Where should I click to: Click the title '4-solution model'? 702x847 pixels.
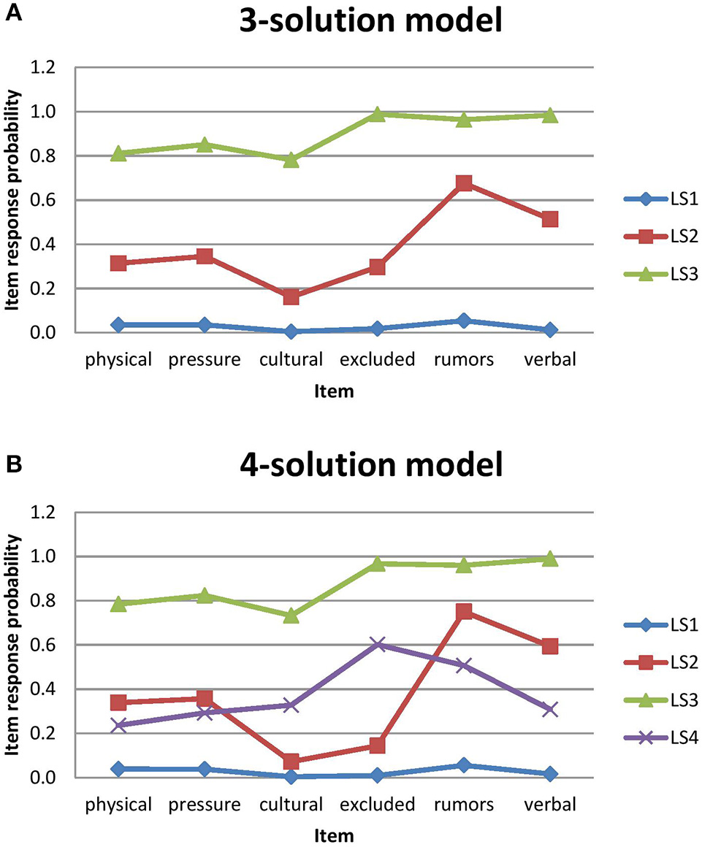[371, 465]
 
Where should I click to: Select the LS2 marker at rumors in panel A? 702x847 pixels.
[464, 183]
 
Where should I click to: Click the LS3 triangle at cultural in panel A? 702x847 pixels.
[291, 159]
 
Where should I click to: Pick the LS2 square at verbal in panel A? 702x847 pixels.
[550, 219]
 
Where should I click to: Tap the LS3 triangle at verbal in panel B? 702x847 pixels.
[550, 559]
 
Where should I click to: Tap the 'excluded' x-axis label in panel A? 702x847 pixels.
[377, 359]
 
